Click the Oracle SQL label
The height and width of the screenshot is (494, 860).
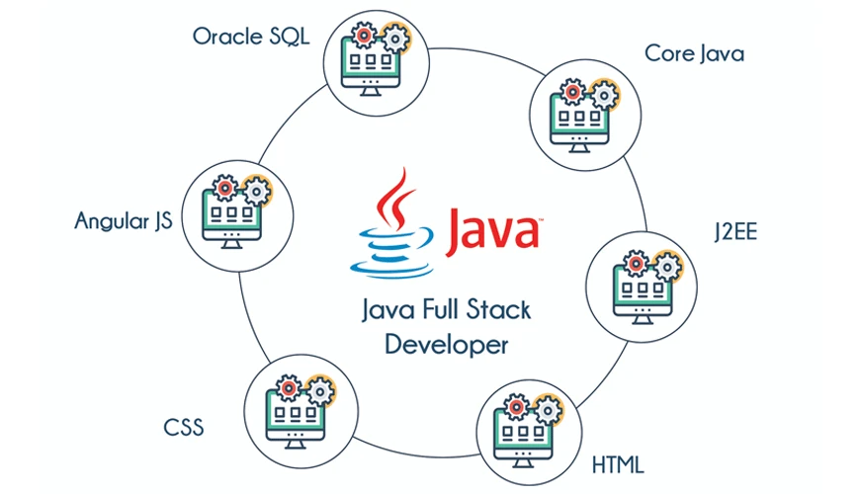(x=251, y=37)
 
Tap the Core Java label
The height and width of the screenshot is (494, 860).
(x=694, y=52)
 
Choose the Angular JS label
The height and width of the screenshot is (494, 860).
(x=124, y=220)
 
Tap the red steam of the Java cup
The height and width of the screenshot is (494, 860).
(x=395, y=198)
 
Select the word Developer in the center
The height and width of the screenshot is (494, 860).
(x=446, y=345)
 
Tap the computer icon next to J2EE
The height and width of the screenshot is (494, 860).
(x=636, y=287)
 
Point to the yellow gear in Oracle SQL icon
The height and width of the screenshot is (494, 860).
(x=395, y=40)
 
